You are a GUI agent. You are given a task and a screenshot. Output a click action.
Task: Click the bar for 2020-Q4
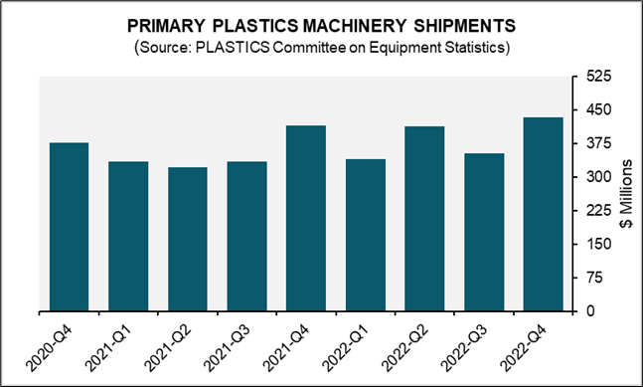point(70,227)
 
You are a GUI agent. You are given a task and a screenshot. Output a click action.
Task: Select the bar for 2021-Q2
point(188,239)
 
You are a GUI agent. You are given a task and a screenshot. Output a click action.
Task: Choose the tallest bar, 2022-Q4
point(543,214)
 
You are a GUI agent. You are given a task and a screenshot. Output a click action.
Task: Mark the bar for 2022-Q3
point(484,232)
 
